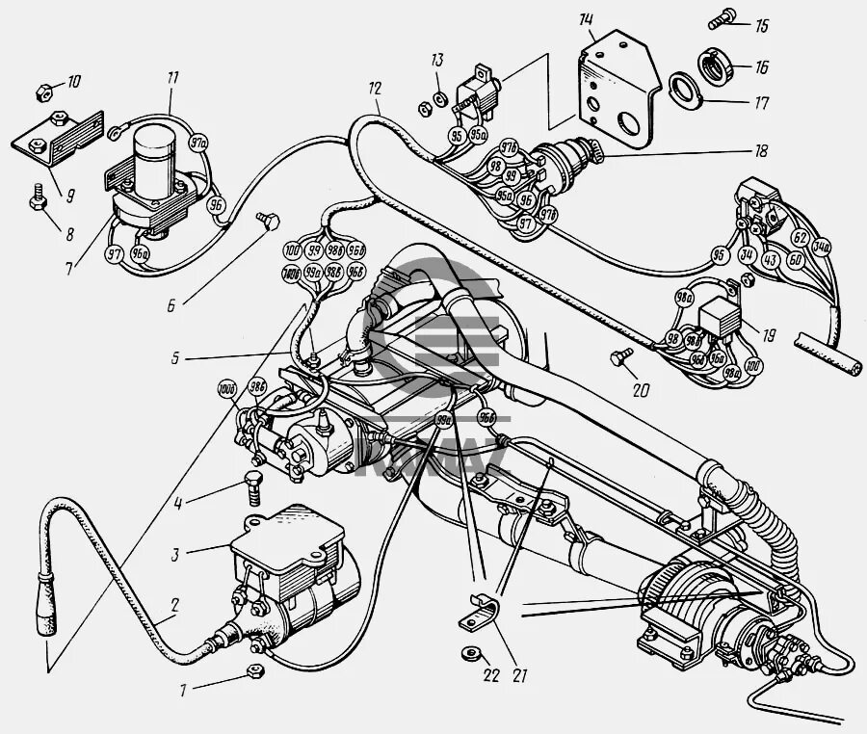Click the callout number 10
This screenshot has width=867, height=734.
pyautogui.click(x=74, y=82)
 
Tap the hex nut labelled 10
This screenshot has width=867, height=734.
pyautogui.click(x=42, y=92)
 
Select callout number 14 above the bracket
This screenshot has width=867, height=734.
pyautogui.click(x=588, y=21)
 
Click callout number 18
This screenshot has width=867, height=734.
pyautogui.click(x=761, y=150)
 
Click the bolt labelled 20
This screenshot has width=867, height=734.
pyautogui.click(x=619, y=358)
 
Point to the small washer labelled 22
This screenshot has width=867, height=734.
pyautogui.click(x=469, y=654)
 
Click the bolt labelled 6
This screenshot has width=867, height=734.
pyautogui.click(x=267, y=223)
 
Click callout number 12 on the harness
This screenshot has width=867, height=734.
pyautogui.click(x=375, y=88)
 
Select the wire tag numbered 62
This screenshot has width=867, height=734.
pyautogui.click(x=800, y=237)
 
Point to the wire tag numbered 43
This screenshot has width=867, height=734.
pyautogui.click(x=771, y=260)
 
